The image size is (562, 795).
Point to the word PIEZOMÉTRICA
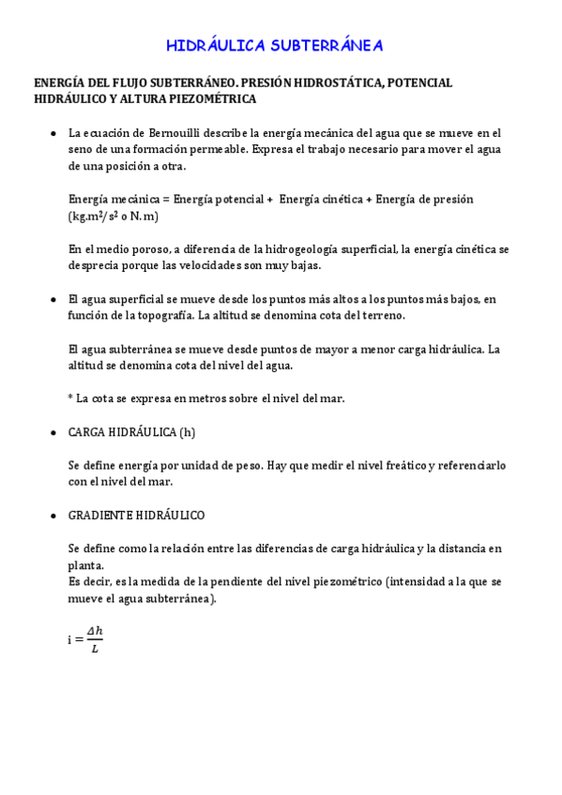tap(208, 97)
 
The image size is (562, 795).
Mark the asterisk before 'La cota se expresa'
tap(71, 397)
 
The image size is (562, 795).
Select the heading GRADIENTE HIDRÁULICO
tap(136, 515)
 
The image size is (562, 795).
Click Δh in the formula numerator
tap(94, 631)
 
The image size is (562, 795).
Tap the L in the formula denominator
tap(94, 649)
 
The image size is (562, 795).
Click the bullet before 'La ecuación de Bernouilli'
tap(51, 133)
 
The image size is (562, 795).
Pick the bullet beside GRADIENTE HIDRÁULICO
tap(51, 515)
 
